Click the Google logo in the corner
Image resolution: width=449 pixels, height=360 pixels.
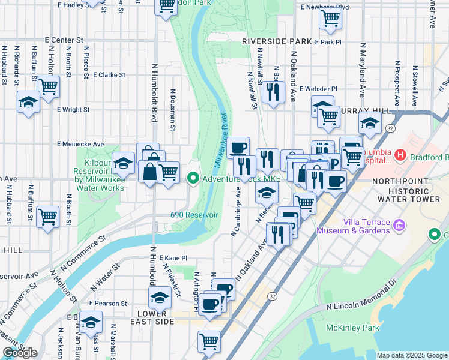pos(20,353)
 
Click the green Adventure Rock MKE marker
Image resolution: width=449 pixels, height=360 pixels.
pos(193,178)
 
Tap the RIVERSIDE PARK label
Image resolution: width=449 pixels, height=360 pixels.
pos(277,41)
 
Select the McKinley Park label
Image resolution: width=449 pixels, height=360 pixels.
pos(352,328)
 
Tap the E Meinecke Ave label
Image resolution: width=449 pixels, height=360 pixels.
pos(80,144)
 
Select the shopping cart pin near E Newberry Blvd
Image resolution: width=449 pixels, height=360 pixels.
pos(330,19)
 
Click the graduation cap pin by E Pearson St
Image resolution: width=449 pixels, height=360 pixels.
pos(160,297)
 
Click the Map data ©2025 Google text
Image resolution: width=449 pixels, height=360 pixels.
pos(412,355)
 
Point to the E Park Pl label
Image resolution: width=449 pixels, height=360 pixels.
pos(328,42)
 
